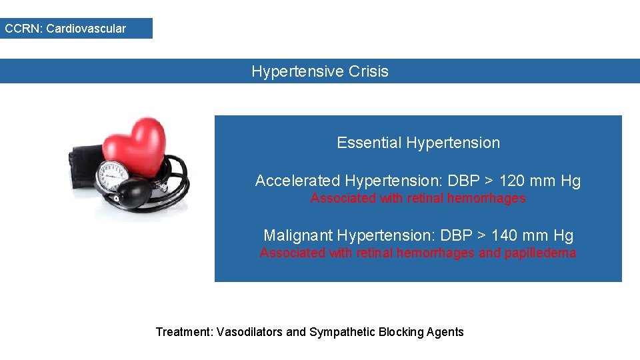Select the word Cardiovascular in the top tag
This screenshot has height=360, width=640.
point(86,29)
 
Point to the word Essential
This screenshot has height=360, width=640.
point(369,143)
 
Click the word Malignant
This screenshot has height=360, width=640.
point(298,235)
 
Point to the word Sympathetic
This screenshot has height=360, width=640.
point(342,332)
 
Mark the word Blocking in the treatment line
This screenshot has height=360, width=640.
point(403,332)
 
